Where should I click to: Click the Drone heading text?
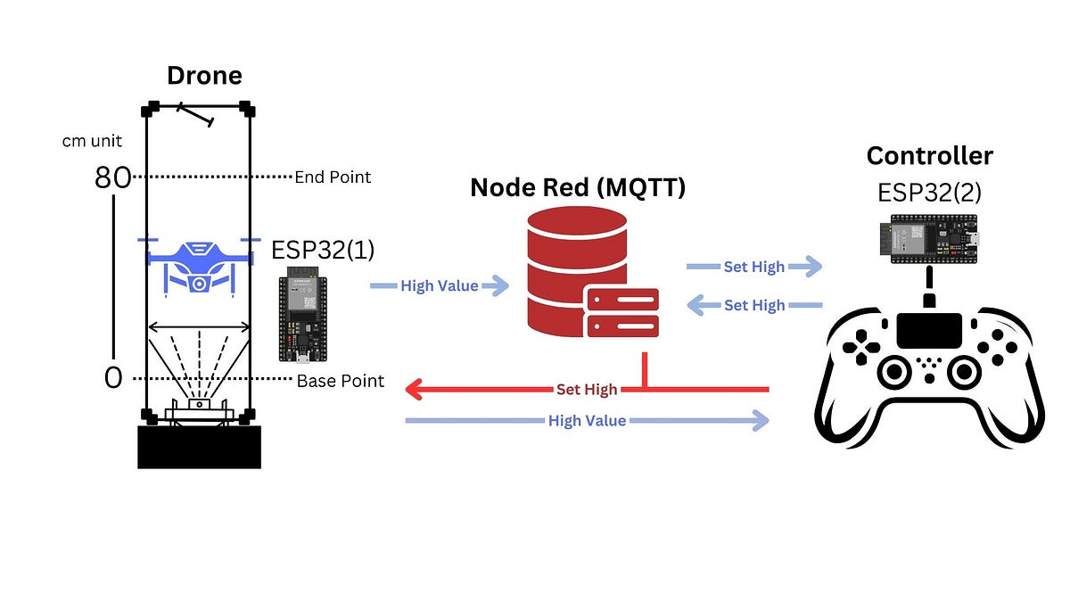point(204,75)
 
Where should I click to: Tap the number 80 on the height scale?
point(113,178)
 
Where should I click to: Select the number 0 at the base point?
point(113,378)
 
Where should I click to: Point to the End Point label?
point(333,177)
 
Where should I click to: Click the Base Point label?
point(340,381)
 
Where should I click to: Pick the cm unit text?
point(93,141)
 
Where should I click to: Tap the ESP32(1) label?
point(323,250)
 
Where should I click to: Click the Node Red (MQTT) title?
point(578,187)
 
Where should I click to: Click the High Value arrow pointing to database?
point(440,285)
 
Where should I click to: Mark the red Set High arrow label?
point(585,390)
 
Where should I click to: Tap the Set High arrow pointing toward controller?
point(753,266)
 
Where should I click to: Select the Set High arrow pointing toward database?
point(753,305)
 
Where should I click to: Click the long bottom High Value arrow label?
point(587,420)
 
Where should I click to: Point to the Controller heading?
point(929,156)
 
